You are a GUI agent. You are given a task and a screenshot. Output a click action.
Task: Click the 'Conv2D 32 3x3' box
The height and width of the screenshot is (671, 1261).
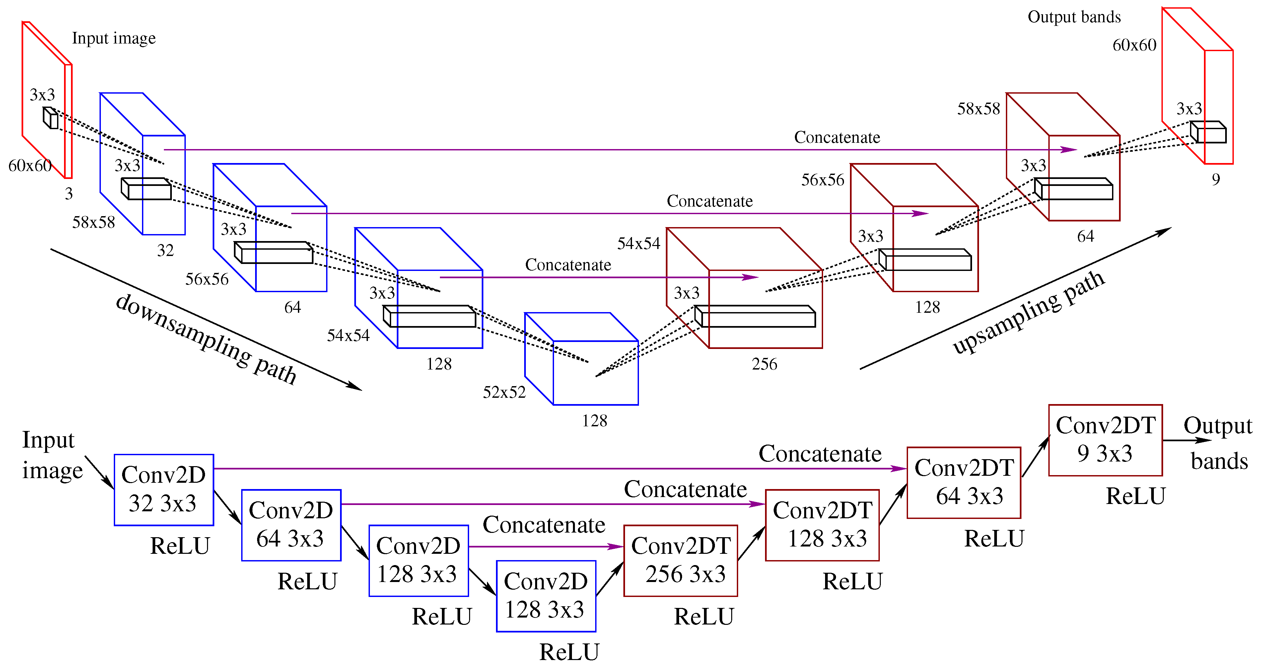click(x=164, y=489)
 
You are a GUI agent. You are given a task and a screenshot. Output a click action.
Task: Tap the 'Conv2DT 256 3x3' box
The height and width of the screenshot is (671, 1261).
click(x=680, y=560)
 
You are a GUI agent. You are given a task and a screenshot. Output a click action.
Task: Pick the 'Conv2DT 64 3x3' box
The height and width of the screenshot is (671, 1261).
click(x=963, y=482)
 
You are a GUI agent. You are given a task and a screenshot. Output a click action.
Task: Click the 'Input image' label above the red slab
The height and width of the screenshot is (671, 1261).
click(x=113, y=38)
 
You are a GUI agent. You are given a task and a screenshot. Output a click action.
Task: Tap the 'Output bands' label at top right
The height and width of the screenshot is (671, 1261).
click(x=1074, y=17)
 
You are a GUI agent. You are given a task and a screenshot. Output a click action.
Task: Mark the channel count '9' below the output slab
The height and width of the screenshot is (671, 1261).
click(x=1216, y=180)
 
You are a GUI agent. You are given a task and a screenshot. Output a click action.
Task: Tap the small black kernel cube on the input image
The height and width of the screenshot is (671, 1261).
click(x=50, y=118)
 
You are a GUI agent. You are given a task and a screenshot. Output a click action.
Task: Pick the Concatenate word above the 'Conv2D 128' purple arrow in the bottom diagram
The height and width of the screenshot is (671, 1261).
click(x=543, y=525)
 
